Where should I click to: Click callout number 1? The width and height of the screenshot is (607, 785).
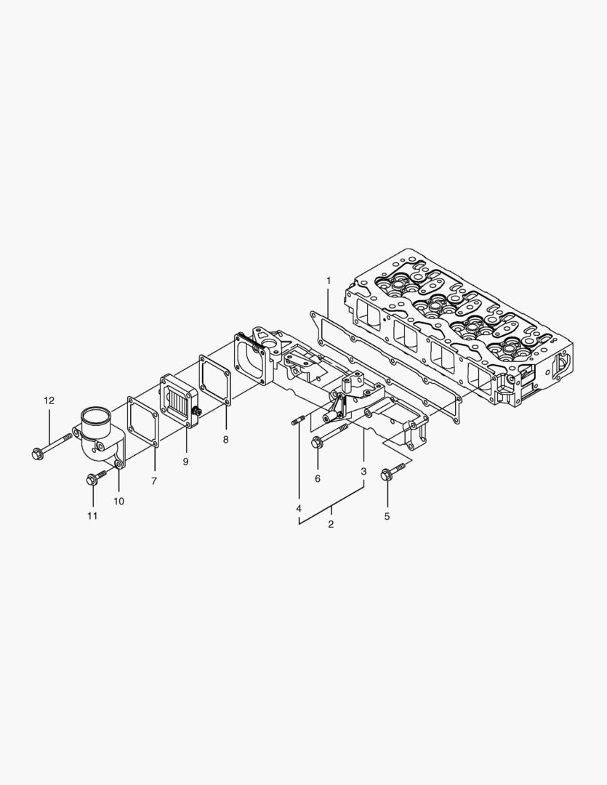(328, 280)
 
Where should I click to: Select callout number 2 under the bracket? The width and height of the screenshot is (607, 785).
(331, 524)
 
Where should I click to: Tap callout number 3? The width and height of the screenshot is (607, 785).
(363, 472)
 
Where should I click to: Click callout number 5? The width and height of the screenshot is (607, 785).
(387, 516)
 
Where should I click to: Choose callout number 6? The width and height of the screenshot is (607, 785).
(317, 479)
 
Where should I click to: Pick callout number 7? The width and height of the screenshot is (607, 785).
(153, 481)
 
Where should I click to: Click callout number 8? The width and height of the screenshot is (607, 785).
(225, 440)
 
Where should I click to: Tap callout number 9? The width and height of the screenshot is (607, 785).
(185, 462)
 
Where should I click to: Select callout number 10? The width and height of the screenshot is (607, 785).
(118, 501)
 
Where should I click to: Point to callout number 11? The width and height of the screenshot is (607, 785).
(92, 516)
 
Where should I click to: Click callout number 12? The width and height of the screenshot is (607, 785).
(49, 400)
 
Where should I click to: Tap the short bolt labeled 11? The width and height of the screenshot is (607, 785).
(95, 478)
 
